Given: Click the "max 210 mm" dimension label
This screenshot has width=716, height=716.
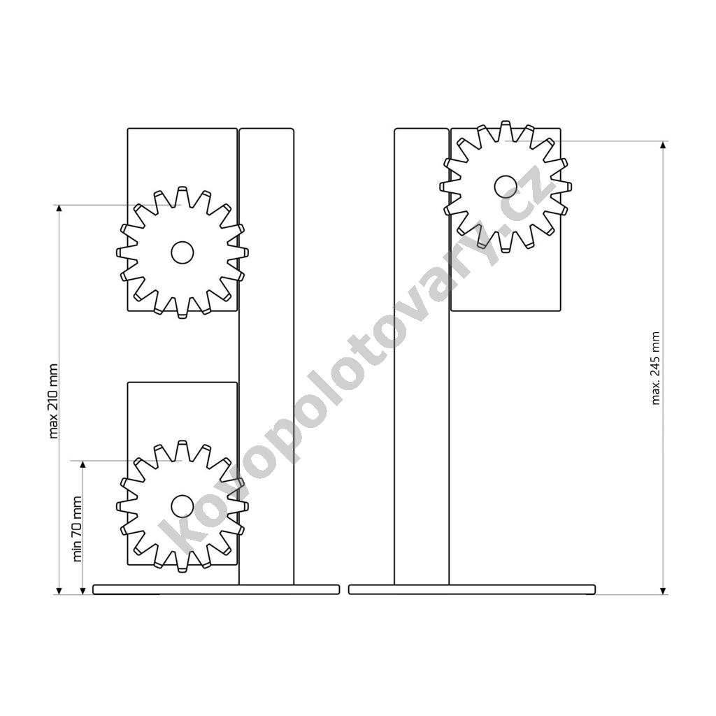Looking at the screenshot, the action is pyautogui.click(x=53, y=401).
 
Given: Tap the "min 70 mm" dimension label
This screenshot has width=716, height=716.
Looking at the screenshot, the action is pyautogui.click(x=77, y=529).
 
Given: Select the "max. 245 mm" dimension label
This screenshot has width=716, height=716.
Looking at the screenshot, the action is pyautogui.click(x=656, y=368).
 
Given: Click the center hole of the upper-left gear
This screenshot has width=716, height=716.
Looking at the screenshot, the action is pyautogui.click(x=182, y=252).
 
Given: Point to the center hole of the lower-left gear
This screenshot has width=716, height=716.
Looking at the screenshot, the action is pyautogui.click(x=182, y=506).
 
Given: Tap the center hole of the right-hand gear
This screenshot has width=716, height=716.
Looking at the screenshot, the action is pyautogui.click(x=506, y=187).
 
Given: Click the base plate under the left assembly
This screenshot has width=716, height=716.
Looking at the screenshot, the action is pyautogui.click(x=217, y=589).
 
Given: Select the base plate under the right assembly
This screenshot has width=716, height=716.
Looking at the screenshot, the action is pyautogui.click(x=472, y=589).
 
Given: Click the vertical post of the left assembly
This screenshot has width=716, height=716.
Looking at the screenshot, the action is pyautogui.click(x=266, y=356).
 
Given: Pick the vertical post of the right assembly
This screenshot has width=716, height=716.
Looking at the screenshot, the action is pyautogui.click(x=422, y=356).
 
